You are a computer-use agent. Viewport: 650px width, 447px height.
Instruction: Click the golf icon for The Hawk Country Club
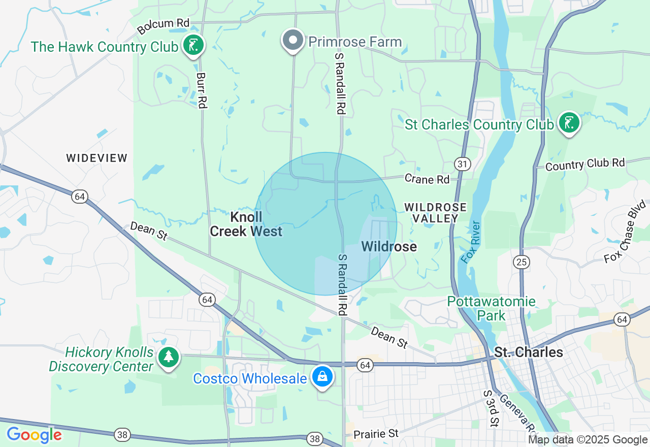coord(193,46)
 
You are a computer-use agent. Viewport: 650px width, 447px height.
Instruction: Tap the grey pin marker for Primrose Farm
coord(293,40)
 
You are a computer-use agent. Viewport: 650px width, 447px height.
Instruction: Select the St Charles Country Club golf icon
coord(569,123)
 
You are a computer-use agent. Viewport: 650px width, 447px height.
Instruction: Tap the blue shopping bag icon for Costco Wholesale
coord(322,377)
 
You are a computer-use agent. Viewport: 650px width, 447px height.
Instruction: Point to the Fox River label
coord(470,242)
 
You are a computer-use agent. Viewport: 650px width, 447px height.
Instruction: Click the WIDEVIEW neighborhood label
coord(97,158)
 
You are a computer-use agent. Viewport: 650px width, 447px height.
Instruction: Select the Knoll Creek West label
coord(246,224)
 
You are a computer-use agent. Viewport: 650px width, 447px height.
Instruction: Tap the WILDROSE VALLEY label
coord(436,213)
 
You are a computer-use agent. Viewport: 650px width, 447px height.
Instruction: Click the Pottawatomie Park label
coord(491,308)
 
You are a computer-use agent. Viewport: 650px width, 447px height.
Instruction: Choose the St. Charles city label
coord(529,352)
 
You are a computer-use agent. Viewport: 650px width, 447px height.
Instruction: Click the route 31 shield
coord(463,164)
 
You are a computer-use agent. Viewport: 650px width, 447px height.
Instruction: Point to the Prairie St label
coord(376,434)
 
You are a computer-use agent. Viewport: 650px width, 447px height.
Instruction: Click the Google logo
coord(34,435)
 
